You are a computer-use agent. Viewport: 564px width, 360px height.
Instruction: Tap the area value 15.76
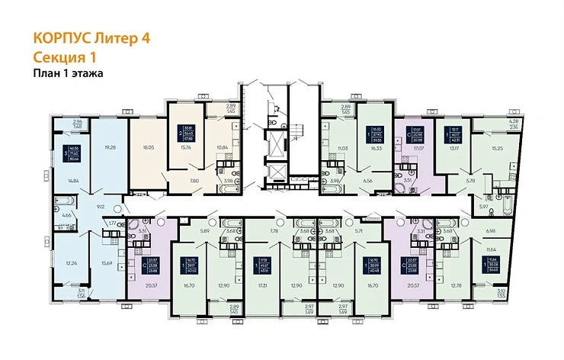pos(187,148)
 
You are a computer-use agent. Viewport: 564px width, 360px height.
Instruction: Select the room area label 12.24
pos(69,262)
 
